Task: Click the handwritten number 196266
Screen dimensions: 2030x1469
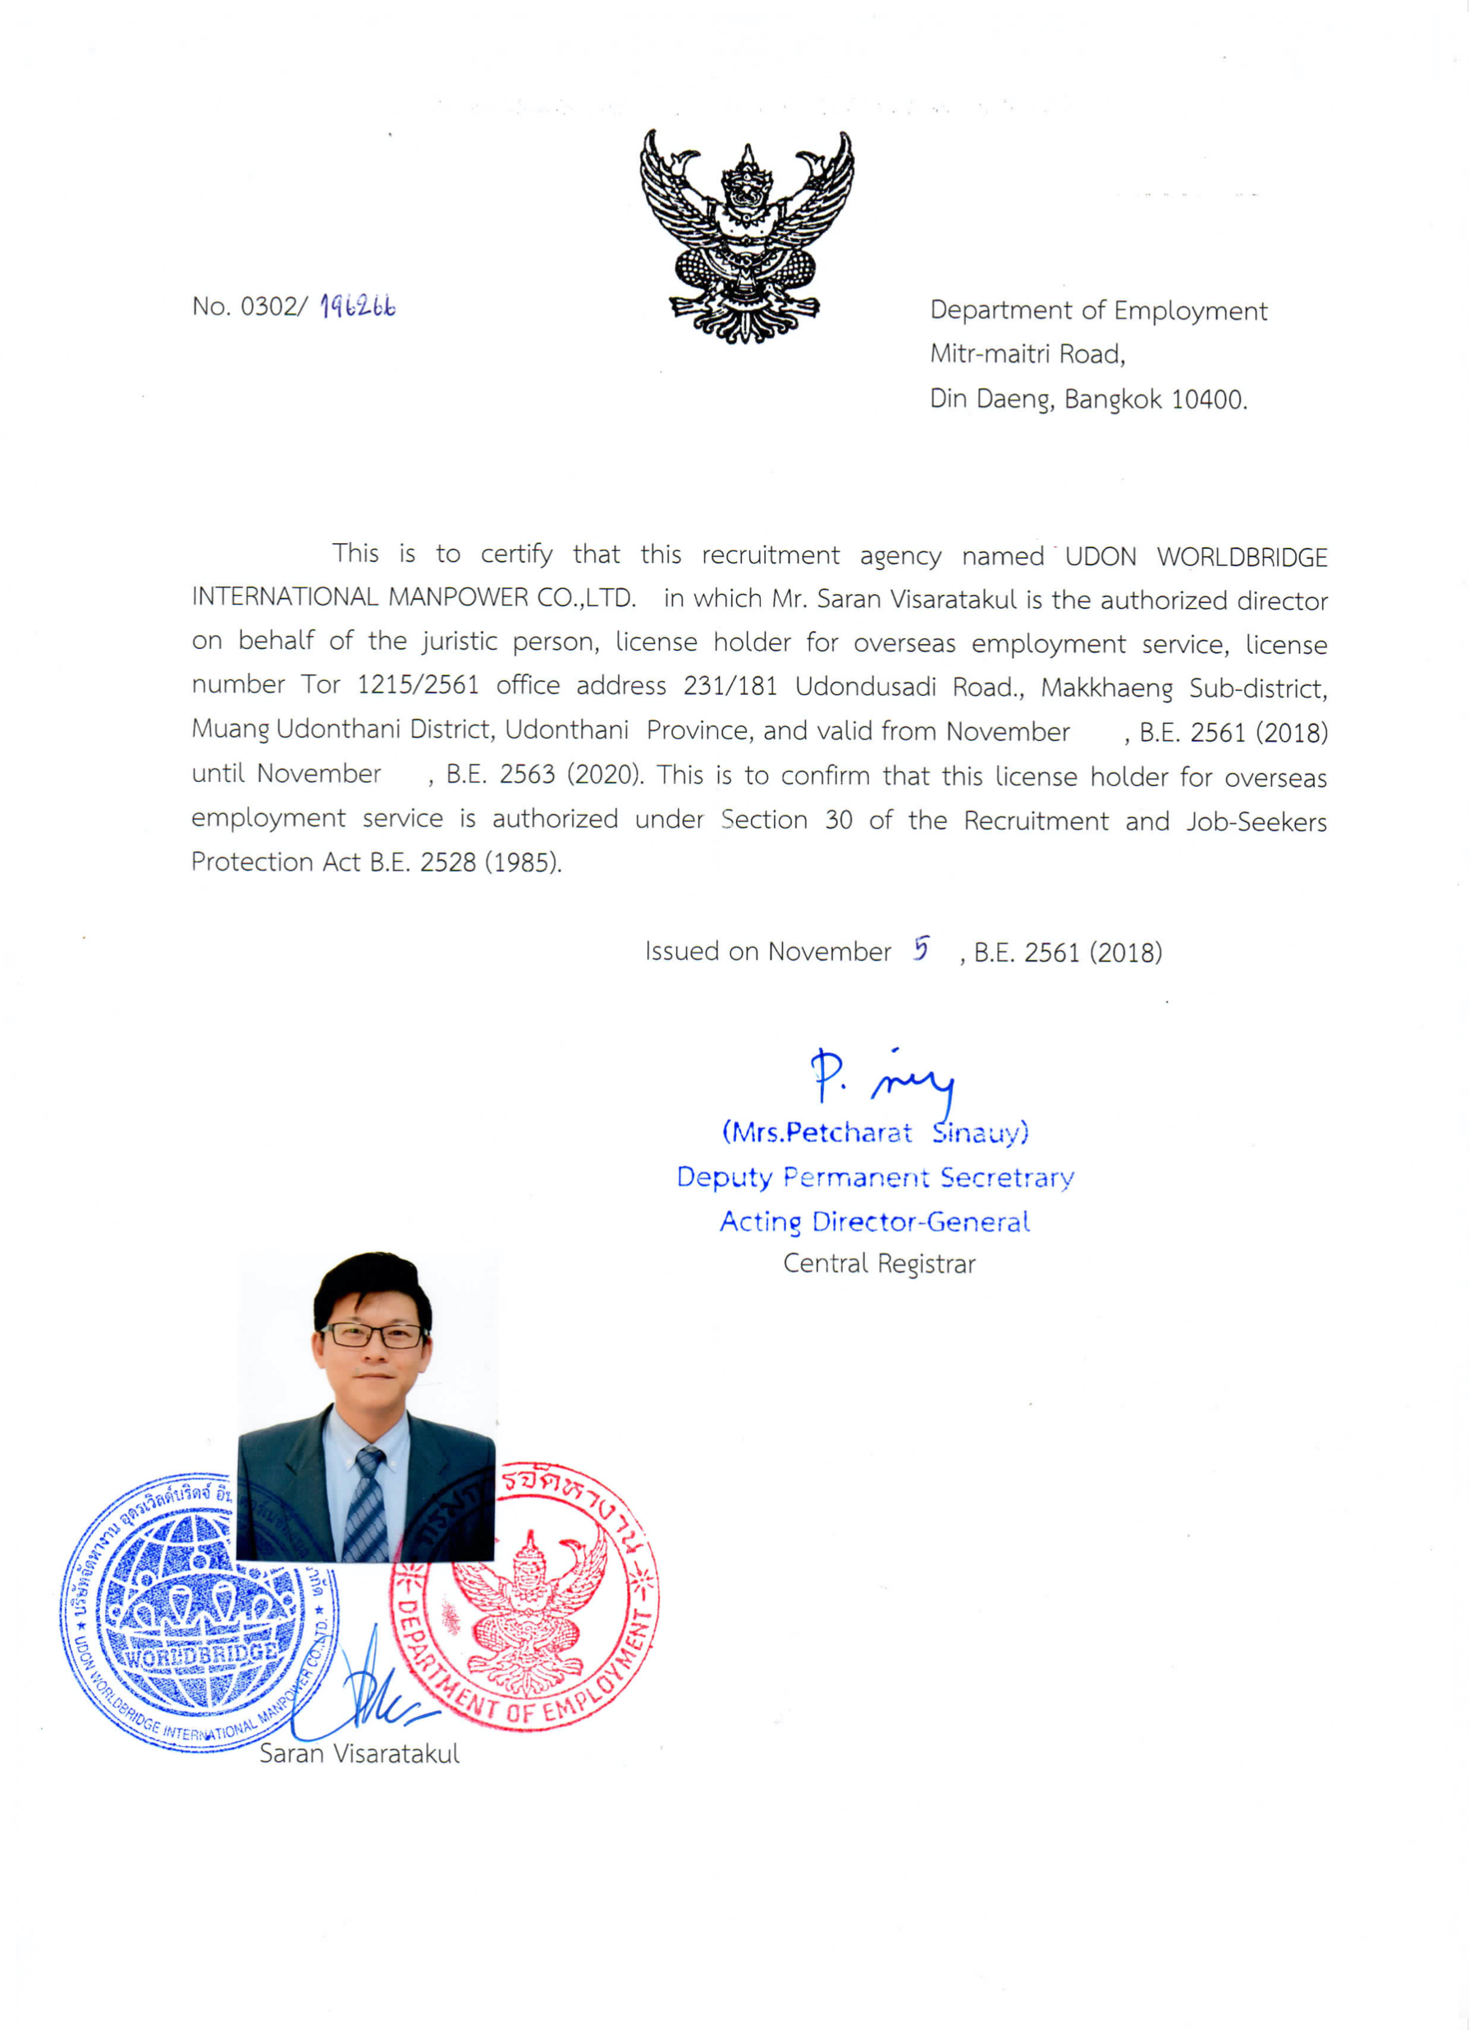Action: click(358, 307)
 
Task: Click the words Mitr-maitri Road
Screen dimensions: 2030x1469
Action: click(1027, 354)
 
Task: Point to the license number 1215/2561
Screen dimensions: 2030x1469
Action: click(418, 686)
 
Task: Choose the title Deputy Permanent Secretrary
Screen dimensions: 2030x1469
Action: click(875, 1177)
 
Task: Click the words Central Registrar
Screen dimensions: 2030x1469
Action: click(878, 1264)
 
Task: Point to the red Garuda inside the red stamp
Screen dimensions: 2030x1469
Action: click(529, 1611)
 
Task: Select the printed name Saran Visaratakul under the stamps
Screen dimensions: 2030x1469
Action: click(359, 1753)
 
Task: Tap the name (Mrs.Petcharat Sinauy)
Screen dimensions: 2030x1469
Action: click(875, 1133)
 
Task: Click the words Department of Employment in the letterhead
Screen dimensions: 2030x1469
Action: click(1097, 311)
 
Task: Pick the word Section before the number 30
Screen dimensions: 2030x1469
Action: click(763, 819)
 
